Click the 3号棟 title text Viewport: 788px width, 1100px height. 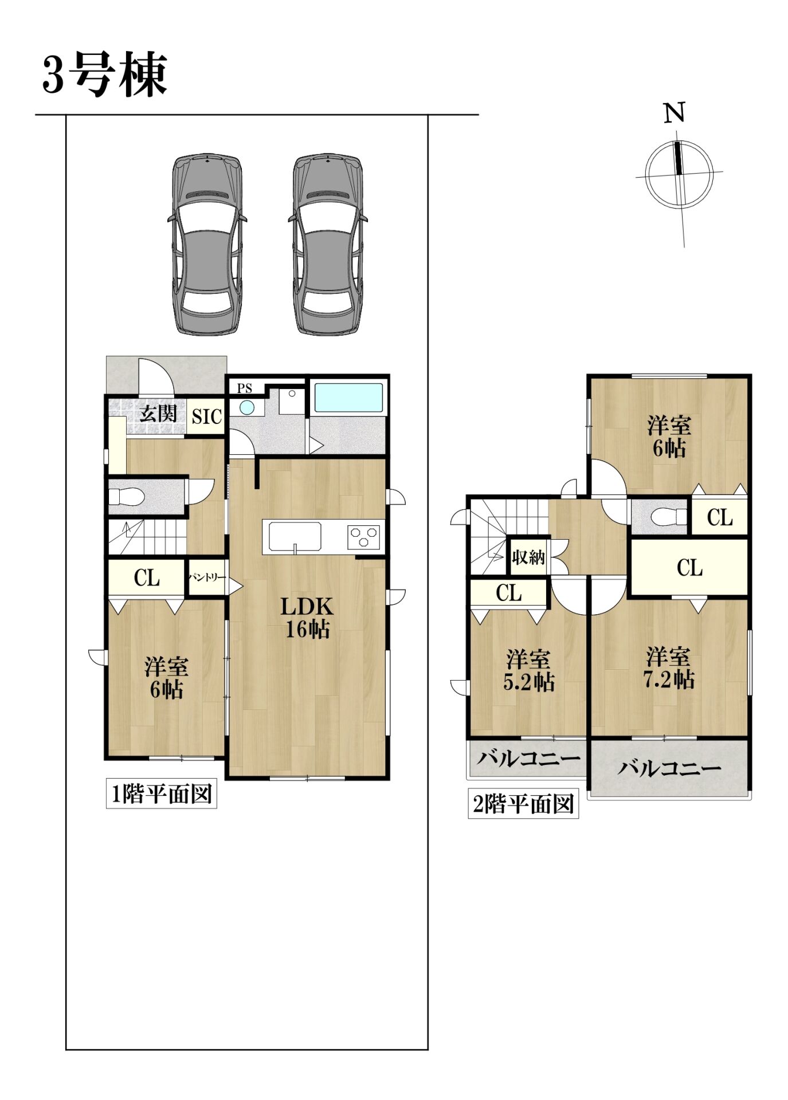(x=104, y=75)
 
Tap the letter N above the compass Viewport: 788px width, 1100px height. (x=675, y=113)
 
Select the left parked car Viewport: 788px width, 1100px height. (x=207, y=244)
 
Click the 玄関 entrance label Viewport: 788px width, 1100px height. (x=159, y=413)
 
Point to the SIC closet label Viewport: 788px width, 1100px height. (x=206, y=417)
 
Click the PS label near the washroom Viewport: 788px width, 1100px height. (x=245, y=388)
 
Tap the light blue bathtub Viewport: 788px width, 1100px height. (x=348, y=397)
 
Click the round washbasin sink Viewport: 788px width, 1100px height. (x=247, y=407)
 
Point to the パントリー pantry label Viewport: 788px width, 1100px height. (x=207, y=578)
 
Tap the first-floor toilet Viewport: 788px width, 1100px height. (x=125, y=497)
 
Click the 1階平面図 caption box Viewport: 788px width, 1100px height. (x=161, y=794)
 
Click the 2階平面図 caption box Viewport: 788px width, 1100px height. (x=523, y=804)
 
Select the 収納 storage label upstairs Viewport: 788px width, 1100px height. (x=528, y=556)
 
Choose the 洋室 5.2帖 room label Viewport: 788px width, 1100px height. (x=528, y=671)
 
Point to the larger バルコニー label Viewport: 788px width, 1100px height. (x=669, y=768)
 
